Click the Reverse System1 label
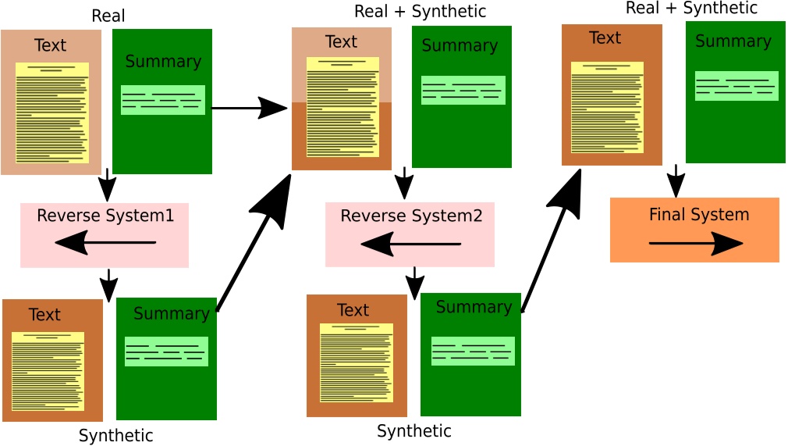point(105,215)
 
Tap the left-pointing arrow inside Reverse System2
point(410,245)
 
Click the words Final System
point(698,215)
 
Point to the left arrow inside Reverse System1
point(106,243)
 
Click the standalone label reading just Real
point(108,16)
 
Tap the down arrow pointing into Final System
point(676,181)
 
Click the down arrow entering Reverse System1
point(107,187)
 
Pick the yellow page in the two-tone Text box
point(343,106)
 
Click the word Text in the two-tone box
point(341,42)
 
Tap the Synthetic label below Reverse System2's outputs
point(414,431)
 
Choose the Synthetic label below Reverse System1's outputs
point(115,436)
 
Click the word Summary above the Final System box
point(733,41)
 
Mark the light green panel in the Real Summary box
point(162,100)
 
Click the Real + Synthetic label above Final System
point(691,9)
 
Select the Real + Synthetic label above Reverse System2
point(420,12)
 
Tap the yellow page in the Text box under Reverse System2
point(356,362)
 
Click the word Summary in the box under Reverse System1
point(171,314)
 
